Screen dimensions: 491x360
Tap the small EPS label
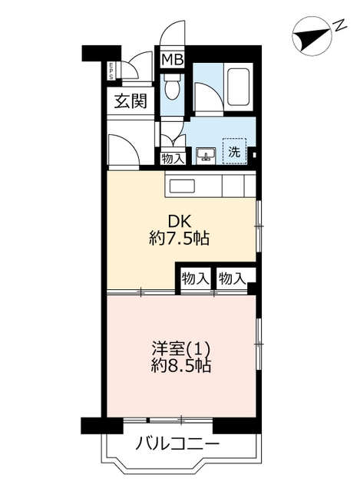coord(111,70)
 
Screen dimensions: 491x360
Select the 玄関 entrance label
coord(131,100)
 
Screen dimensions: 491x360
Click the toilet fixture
coord(172,88)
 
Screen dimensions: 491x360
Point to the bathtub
coord(239,86)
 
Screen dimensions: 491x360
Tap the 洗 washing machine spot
coord(233,151)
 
